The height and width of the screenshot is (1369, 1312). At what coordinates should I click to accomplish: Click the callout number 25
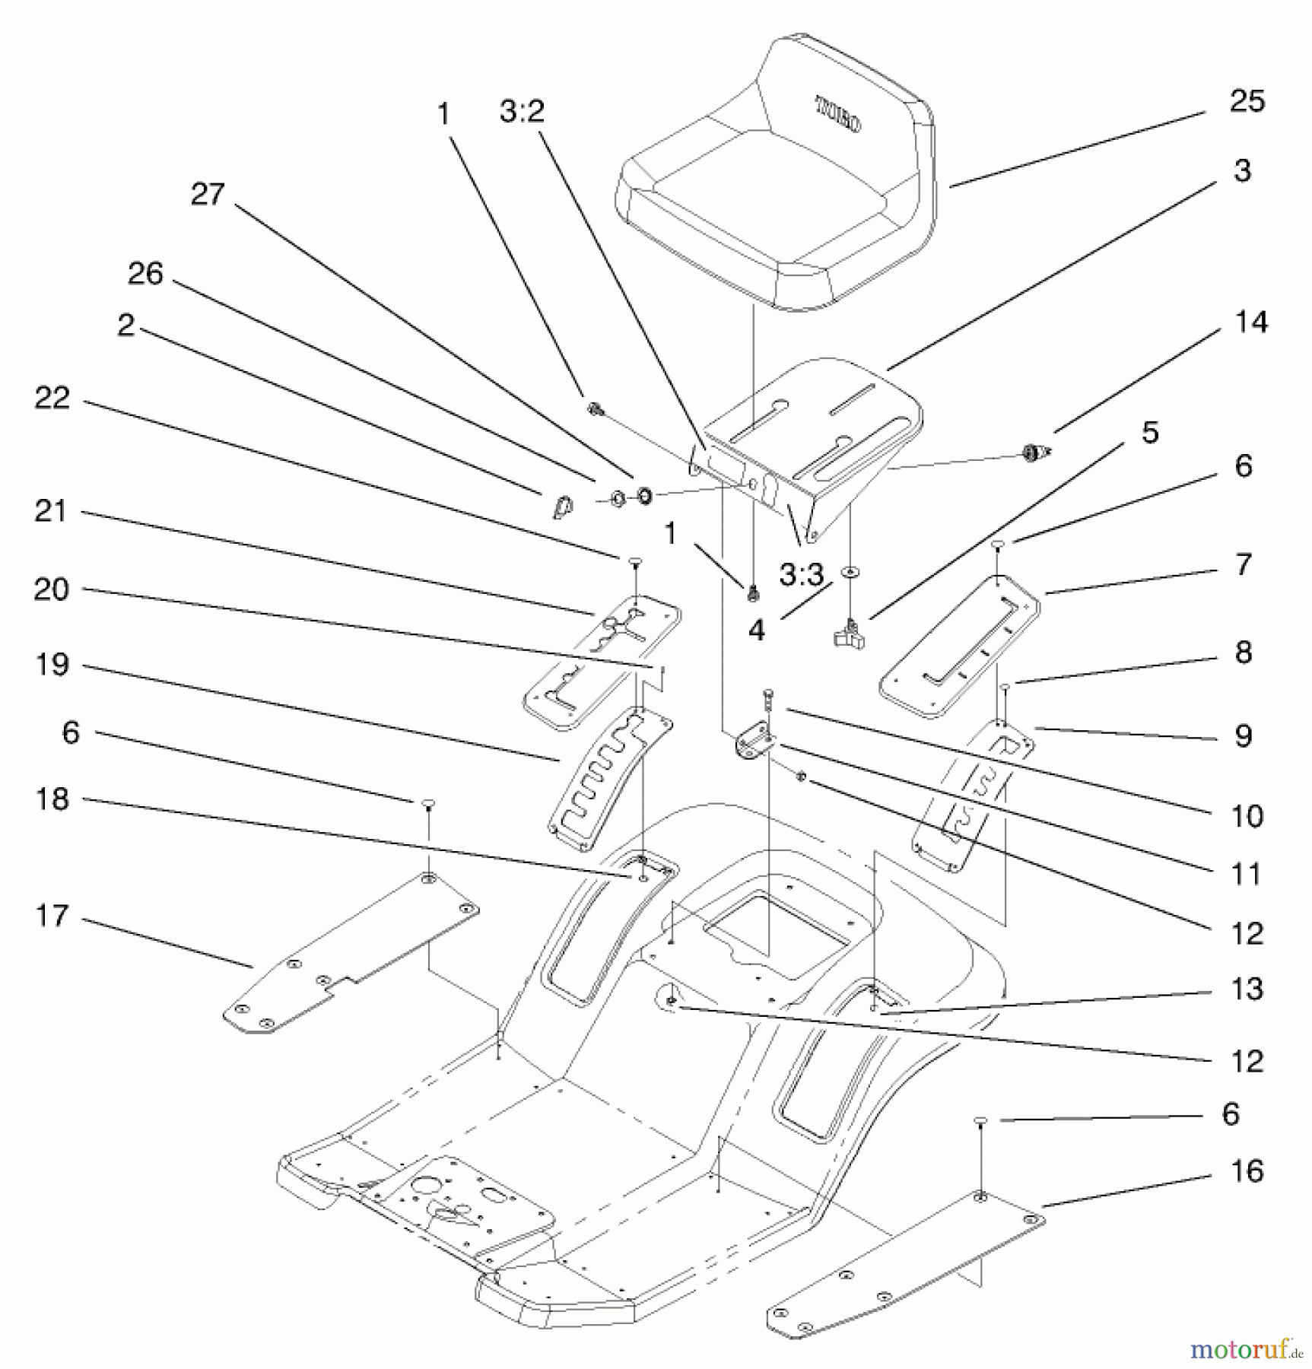point(1247,101)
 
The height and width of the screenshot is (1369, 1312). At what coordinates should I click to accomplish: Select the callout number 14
point(1250,322)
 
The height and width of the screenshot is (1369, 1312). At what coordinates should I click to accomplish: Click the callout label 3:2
point(522,112)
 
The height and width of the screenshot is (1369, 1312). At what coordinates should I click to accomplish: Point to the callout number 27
point(208,194)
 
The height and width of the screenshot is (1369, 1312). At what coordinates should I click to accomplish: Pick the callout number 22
point(52,398)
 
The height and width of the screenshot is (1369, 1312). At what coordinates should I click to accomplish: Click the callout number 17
point(52,916)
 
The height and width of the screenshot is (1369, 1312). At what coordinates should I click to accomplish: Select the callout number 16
point(1247,1171)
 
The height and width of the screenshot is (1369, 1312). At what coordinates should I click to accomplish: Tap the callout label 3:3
point(801,575)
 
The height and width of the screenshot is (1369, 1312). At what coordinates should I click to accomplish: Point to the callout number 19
point(52,665)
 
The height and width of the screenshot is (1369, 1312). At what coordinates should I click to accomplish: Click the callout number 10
point(1247,816)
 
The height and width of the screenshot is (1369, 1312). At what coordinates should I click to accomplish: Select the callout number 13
point(1247,989)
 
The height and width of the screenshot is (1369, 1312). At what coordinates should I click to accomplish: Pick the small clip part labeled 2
point(562,506)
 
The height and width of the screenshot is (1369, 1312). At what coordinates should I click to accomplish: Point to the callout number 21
point(50,511)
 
